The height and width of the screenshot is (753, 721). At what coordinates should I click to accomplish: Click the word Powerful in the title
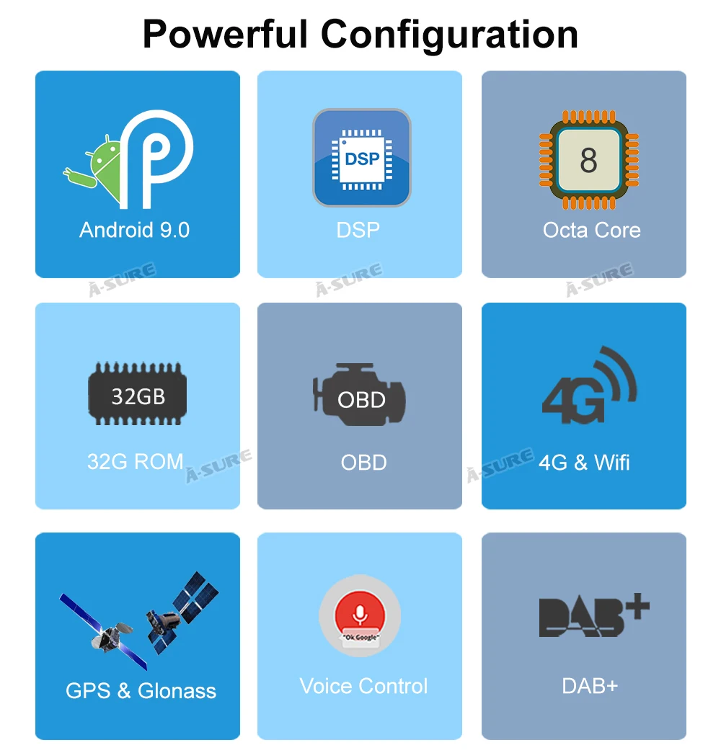click(225, 34)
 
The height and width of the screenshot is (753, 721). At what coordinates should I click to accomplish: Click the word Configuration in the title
click(449, 35)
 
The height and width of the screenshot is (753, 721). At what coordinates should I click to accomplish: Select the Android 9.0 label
click(135, 230)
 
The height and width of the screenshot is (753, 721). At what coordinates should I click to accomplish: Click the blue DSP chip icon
click(362, 158)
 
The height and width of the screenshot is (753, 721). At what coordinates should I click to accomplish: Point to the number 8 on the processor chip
click(588, 161)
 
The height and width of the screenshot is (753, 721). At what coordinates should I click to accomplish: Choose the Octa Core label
click(592, 230)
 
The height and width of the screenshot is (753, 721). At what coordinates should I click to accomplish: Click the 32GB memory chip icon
click(138, 393)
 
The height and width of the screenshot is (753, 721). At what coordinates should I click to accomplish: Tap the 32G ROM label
click(135, 461)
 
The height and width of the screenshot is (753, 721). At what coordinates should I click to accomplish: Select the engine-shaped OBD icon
click(360, 394)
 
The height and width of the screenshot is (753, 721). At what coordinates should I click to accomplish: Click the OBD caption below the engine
click(364, 463)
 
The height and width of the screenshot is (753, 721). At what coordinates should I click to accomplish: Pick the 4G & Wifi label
click(584, 463)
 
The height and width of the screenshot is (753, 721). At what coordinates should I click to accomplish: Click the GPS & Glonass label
click(141, 691)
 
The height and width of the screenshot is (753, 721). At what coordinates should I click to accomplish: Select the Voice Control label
click(364, 686)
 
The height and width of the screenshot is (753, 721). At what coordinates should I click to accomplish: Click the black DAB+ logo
click(594, 615)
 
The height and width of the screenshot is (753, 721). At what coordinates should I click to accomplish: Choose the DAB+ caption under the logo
click(590, 686)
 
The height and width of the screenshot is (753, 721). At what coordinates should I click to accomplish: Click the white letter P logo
click(156, 159)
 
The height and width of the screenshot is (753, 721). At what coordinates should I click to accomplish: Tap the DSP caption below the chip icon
click(358, 230)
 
